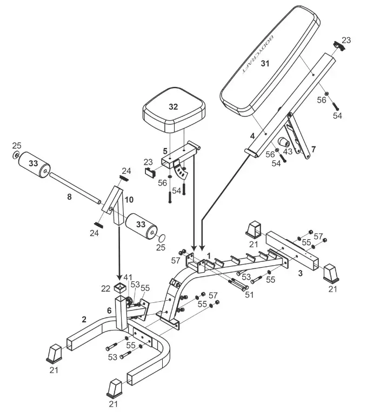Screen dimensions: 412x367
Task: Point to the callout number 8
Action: click(x=69, y=197)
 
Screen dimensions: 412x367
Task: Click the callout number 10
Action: click(x=129, y=199)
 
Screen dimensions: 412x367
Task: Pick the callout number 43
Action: click(x=288, y=152)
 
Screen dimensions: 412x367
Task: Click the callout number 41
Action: click(x=128, y=278)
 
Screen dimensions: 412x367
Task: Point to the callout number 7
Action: click(x=313, y=148)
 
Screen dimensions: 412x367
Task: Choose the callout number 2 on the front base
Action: click(x=84, y=319)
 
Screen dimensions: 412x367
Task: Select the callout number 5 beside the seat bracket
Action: click(x=165, y=151)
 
